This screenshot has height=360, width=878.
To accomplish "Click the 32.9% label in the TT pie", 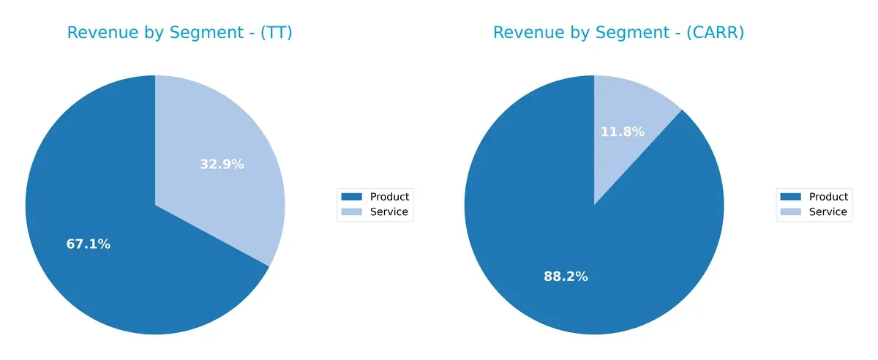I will point(222,165).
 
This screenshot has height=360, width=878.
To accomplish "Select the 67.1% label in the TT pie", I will point(89,244).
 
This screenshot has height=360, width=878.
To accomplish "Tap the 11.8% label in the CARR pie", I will point(623,132).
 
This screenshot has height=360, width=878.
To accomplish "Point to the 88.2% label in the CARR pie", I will point(566,277).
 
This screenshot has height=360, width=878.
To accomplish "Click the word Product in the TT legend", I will point(389,197).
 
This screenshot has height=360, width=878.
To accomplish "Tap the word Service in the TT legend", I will point(389,212).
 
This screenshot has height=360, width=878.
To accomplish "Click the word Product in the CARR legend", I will point(828,197).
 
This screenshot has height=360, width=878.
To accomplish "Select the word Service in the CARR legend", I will point(828,212).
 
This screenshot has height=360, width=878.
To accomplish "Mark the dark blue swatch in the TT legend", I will point(352,197).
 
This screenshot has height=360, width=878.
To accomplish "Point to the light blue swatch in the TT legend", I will point(352,212).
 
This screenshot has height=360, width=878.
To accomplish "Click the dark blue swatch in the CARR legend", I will point(791,197).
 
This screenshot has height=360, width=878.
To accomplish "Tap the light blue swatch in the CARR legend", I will point(791,212).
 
